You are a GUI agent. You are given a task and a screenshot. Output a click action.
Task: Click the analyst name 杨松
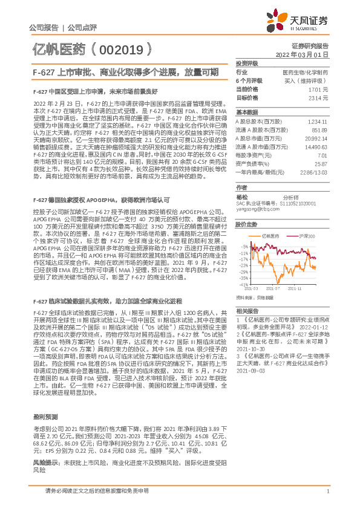tap(243, 197)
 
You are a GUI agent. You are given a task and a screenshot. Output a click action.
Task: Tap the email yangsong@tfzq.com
tap(256, 209)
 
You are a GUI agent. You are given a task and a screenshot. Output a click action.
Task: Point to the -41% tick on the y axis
tap(243, 284)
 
